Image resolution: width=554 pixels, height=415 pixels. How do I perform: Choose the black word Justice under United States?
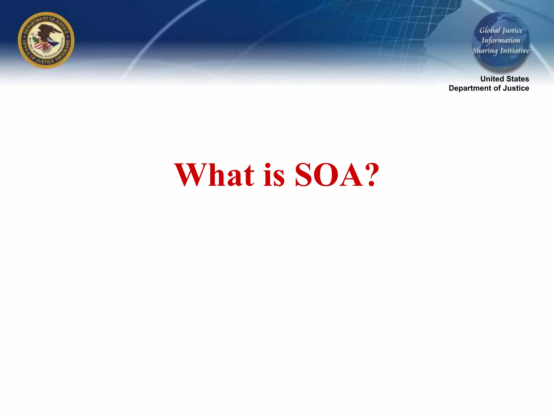(x=516, y=88)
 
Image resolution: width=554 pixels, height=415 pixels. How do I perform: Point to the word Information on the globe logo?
(x=501, y=41)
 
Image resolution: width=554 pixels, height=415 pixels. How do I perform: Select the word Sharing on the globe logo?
(x=485, y=51)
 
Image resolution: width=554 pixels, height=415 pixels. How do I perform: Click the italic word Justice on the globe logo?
(x=512, y=31)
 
